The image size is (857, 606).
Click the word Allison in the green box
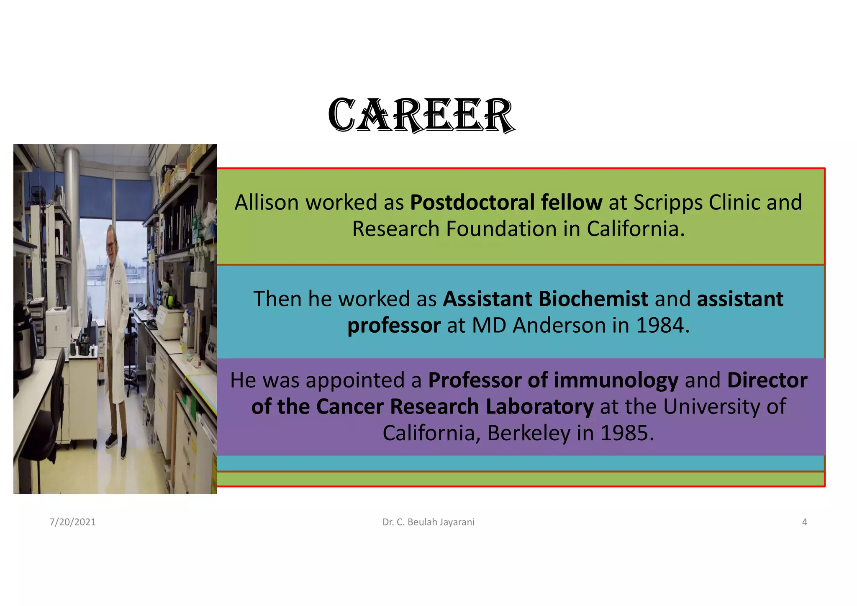[x=266, y=203]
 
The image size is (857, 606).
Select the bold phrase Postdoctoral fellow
[x=506, y=203]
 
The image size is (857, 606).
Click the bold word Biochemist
[x=593, y=299]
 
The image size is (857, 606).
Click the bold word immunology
[x=616, y=380]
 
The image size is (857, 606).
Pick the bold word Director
[x=767, y=380]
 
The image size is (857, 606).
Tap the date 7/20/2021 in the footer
[x=72, y=522]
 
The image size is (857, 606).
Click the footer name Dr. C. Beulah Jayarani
[x=428, y=522]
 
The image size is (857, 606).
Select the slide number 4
[x=804, y=522]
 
